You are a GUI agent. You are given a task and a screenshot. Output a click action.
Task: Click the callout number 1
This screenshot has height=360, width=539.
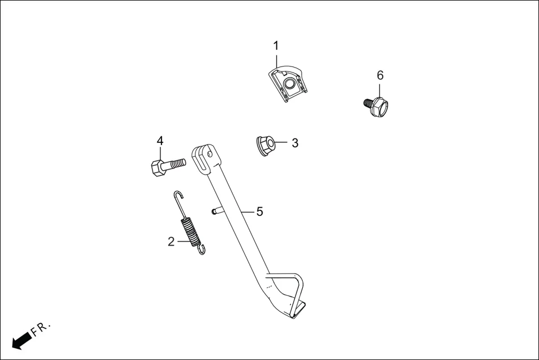point(276,45)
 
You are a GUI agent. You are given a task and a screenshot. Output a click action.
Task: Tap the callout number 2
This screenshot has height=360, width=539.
point(171,242)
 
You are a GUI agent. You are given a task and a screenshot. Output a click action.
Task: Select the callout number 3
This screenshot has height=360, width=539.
point(295,143)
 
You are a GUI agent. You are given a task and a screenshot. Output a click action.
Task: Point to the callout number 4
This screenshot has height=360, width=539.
point(160,141)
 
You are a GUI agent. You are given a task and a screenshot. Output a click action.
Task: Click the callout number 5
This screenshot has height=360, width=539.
point(260,212)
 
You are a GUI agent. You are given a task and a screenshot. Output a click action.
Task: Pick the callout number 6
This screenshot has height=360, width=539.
point(380,75)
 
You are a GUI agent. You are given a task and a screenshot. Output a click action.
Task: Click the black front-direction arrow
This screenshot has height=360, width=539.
point(21,340)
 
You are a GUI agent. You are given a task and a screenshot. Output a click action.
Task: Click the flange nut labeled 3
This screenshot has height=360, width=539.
point(265,146)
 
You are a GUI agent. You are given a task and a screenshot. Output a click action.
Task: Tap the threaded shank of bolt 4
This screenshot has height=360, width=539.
point(176,163)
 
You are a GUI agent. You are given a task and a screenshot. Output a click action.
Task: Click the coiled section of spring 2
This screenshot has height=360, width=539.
point(191,231)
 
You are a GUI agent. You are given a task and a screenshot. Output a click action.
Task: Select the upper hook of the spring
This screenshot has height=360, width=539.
point(178,196)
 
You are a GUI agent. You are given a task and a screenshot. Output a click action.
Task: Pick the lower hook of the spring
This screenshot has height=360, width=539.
point(201,249)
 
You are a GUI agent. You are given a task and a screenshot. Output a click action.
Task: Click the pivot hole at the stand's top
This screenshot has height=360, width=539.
point(210,153)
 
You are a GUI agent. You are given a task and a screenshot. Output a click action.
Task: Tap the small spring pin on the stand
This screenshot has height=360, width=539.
point(216,211)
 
